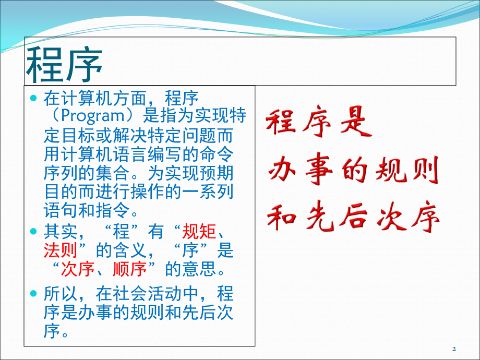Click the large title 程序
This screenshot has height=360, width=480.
click(64, 65)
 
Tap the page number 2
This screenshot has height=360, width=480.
click(454, 349)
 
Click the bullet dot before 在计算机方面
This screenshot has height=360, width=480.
click(33, 98)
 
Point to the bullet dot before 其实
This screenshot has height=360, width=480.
click(33, 231)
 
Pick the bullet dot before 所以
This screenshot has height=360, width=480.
click(33, 294)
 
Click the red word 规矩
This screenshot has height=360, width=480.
click(199, 232)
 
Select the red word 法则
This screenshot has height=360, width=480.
click(61, 250)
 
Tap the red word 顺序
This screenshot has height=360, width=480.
click(130, 269)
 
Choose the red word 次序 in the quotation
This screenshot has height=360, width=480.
click(77, 269)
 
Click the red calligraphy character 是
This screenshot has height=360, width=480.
click(356, 122)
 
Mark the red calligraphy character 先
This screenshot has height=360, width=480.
click(319, 216)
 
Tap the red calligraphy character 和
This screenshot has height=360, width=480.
click(282, 216)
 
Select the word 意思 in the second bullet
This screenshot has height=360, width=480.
click(199, 269)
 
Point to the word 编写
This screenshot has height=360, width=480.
click(165, 154)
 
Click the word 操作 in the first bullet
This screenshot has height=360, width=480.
click(147, 192)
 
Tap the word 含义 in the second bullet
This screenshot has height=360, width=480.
click(130, 250)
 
